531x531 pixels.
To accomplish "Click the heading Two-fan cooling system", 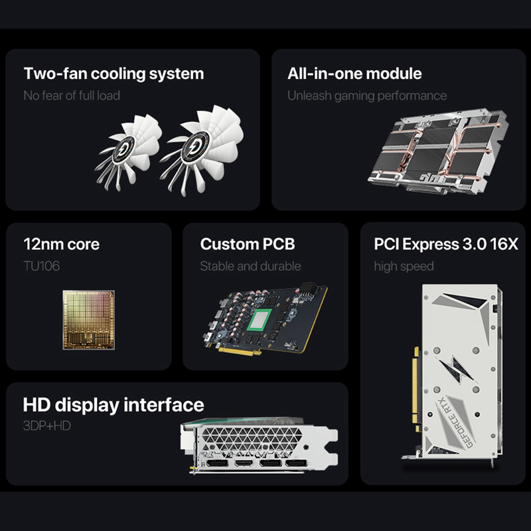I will [114, 73].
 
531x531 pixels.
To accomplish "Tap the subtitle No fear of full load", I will [72, 95].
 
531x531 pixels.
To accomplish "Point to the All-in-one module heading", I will [354, 73].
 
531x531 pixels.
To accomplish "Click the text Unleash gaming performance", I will [366, 95].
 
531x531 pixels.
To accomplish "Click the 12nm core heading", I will [61, 244].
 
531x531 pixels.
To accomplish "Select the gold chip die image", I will [88, 319].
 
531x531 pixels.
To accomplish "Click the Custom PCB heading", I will [247, 244].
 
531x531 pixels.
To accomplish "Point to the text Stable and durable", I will [250, 266].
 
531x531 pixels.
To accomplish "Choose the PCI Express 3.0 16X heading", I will [445, 244].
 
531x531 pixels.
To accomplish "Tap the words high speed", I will [404, 266].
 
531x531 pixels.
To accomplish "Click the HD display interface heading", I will [114, 404].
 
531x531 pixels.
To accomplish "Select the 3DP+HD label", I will [46, 425].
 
